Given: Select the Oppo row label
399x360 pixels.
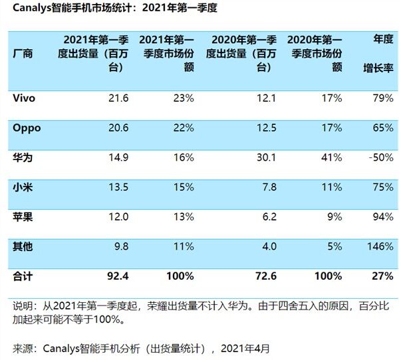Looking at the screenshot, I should coord(27,128).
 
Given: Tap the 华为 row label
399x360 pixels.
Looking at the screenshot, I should coord(23,157).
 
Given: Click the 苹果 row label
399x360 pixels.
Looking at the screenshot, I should coord(23,217).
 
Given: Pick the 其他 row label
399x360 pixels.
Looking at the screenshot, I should coord(23,246).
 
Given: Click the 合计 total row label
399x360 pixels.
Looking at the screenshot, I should coord(23,274).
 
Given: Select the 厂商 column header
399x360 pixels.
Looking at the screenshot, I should coord(23,53).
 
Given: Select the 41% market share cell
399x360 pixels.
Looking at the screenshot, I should coord(331,157).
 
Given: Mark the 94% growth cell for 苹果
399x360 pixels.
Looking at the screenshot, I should coord(382,217).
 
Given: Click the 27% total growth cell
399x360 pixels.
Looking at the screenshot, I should coord(382,274).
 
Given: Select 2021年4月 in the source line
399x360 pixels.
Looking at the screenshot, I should coord(245,348).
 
